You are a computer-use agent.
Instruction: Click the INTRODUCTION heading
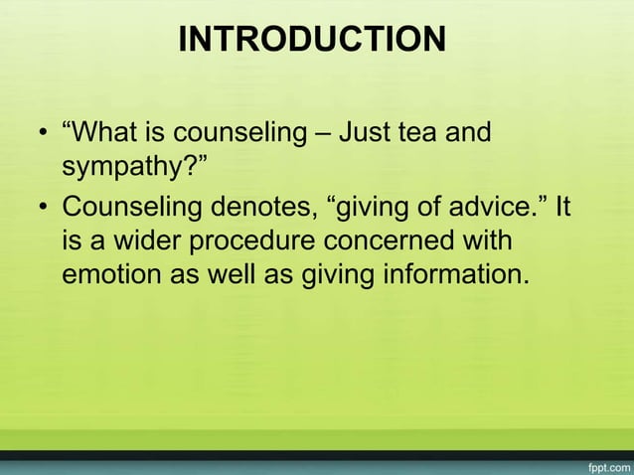coord(312,40)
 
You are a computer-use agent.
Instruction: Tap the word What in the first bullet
coord(109,132)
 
